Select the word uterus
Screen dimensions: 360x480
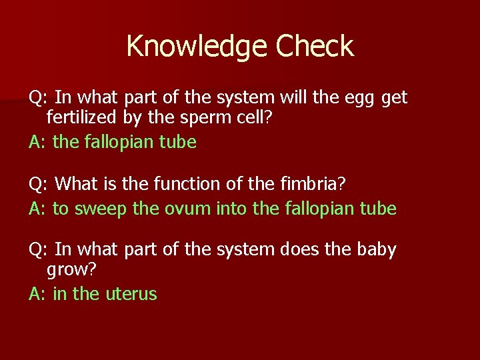(131, 294)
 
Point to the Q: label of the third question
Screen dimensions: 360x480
(38, 250)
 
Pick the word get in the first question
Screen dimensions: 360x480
(395, 99)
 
